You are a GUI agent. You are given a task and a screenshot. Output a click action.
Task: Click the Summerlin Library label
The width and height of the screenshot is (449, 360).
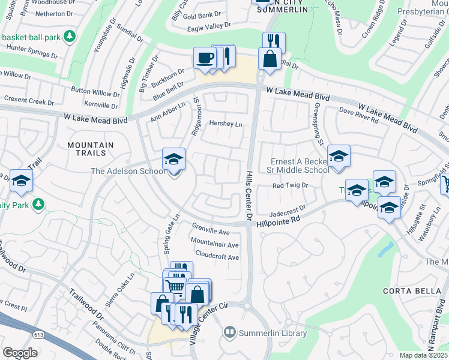tap(273, 333)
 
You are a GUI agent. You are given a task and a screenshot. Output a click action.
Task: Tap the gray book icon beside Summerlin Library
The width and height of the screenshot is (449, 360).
tap(229, 332)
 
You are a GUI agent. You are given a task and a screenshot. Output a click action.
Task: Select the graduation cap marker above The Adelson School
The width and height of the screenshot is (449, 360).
tap(174, 160)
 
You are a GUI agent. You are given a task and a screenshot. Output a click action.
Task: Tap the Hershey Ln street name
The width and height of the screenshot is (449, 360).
tap(225, 124)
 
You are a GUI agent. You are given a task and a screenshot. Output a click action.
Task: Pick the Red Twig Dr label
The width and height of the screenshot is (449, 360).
tap(290, 186)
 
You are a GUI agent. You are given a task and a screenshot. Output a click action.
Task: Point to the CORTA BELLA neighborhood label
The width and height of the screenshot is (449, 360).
tap(407, 291)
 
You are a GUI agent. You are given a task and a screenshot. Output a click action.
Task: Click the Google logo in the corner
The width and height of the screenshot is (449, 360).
tap(20, 353)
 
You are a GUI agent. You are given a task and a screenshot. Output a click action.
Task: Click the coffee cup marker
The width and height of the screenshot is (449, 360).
tap(205, 58)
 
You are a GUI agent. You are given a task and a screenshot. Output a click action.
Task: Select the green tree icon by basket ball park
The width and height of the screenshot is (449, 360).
tap(70, 37)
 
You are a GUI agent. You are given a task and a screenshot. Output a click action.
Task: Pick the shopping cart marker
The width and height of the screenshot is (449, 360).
tap(175, 286)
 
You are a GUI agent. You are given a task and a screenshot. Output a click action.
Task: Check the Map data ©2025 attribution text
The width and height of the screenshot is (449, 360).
tap(423, 355)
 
